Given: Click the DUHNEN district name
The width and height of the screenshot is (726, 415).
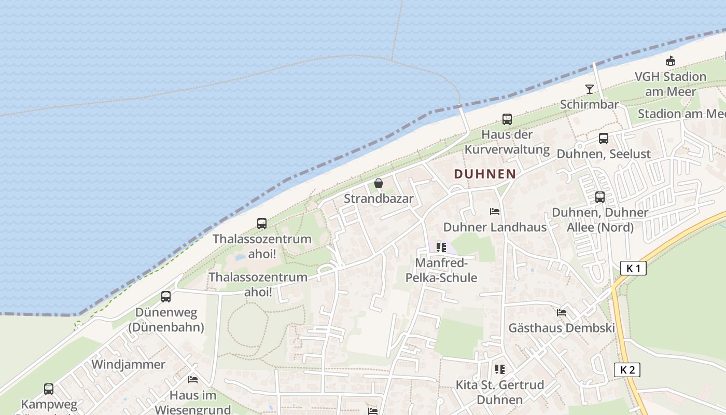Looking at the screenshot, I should (485, 174).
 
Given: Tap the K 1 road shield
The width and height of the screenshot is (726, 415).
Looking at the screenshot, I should (633, 268).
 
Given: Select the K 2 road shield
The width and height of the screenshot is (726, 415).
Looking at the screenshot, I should (627, 370).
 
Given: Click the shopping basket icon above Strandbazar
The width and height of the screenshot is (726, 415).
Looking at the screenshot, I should (379, 183).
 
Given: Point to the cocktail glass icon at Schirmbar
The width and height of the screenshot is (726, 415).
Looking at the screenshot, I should (590, 89).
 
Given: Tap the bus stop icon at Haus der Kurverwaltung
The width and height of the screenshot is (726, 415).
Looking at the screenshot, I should (507, 119).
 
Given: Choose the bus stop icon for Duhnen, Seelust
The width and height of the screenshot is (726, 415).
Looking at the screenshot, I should (604, 139).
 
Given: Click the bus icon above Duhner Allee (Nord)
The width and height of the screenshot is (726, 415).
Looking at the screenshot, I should (600, 197).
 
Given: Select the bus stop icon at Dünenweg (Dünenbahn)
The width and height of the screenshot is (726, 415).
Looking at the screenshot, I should (166, 297).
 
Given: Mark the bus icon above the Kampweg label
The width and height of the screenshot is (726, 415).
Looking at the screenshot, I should (49, 389).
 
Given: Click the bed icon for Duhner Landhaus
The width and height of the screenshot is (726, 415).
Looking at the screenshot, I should (495, 212).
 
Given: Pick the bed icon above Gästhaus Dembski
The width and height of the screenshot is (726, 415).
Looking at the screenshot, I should (562, 313).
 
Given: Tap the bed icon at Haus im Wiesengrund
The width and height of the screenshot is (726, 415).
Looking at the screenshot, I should (193, 380).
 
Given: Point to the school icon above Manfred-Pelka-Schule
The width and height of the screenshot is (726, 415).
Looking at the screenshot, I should (441, 247).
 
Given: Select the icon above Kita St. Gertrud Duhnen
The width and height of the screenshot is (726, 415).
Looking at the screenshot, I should (500, 369).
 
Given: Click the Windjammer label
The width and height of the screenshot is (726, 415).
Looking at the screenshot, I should (128, 364).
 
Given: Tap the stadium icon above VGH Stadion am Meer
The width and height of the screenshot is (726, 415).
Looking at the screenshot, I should (671, 61).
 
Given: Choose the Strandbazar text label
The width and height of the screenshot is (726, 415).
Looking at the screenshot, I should (379, 199).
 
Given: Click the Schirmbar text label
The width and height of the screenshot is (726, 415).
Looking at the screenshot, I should (590, 105).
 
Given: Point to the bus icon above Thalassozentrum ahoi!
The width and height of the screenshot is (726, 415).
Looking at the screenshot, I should (262, 224).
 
